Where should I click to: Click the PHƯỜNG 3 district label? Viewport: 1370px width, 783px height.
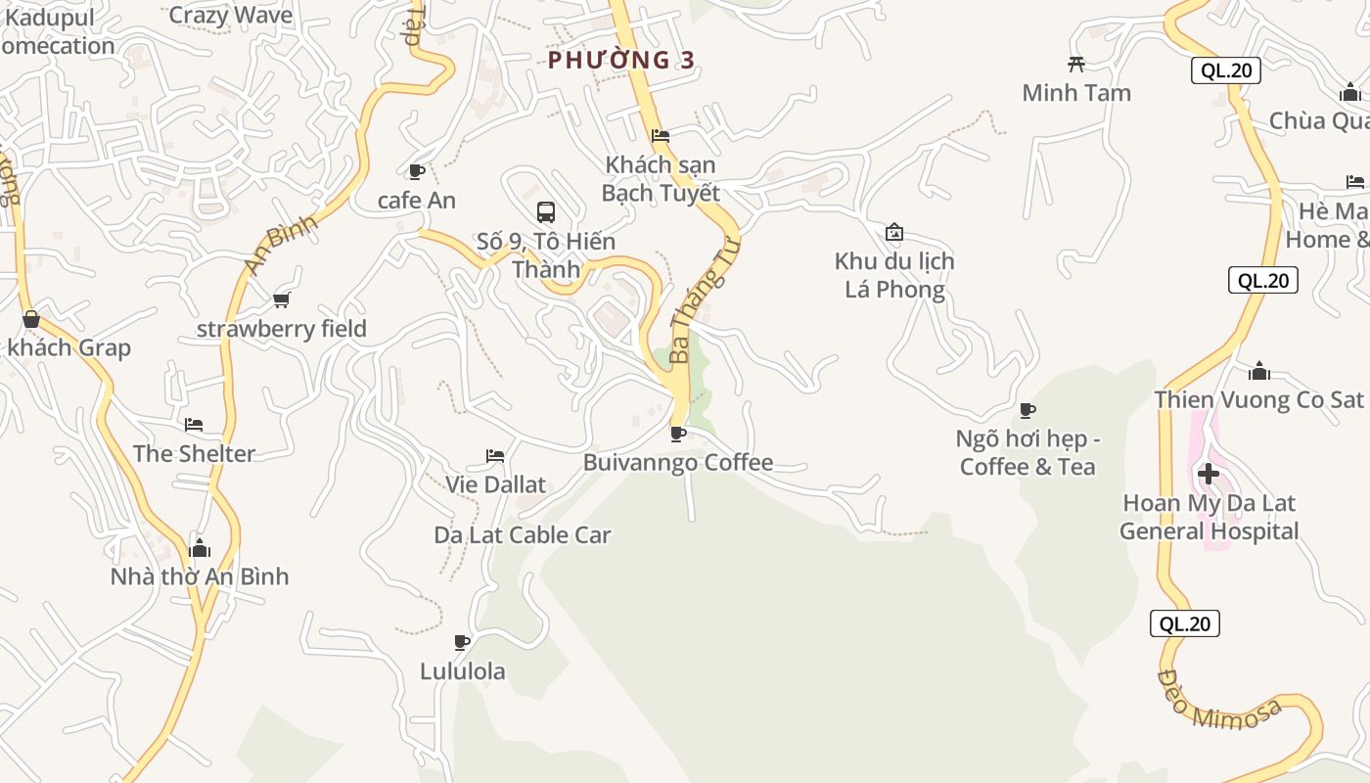click(x=621, y=61)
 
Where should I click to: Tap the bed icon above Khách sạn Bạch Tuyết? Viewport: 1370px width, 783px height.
click(x=661, y=136)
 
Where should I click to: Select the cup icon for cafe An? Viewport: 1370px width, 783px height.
click(x=416, y=172)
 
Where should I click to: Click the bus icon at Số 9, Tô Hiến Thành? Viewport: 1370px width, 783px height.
click(x=546, y=211)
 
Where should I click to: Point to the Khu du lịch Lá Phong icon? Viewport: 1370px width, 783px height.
click(x=893, y=233)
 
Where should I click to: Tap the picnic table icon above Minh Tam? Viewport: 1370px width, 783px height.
click(x=1076, y=65)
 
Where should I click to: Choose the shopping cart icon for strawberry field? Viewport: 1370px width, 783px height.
click(x=282, y=299)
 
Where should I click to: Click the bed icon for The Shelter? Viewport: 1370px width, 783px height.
click(x=194, y=425)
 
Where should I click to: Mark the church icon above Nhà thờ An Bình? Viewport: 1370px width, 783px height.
click(x=200, y=548)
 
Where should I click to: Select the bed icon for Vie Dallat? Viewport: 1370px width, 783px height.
click(x=495, y=456)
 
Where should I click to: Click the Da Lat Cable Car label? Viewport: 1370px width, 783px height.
click(x=523, y=535)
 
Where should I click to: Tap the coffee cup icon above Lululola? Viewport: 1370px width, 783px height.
click(x=462, y=642)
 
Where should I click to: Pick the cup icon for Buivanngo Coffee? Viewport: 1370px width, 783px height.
click(x=677, y=434)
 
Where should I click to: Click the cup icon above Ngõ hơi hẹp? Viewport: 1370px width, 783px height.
click(x=1027, y=410)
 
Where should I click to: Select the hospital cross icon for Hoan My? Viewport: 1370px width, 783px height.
click(x=1209, y=475)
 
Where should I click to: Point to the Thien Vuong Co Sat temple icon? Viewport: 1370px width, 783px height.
click(x=1259, y=371)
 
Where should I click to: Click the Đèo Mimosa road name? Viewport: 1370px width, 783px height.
click(x=1218, y=699)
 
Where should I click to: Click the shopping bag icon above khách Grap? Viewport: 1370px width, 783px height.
click(x=31, y=319)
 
